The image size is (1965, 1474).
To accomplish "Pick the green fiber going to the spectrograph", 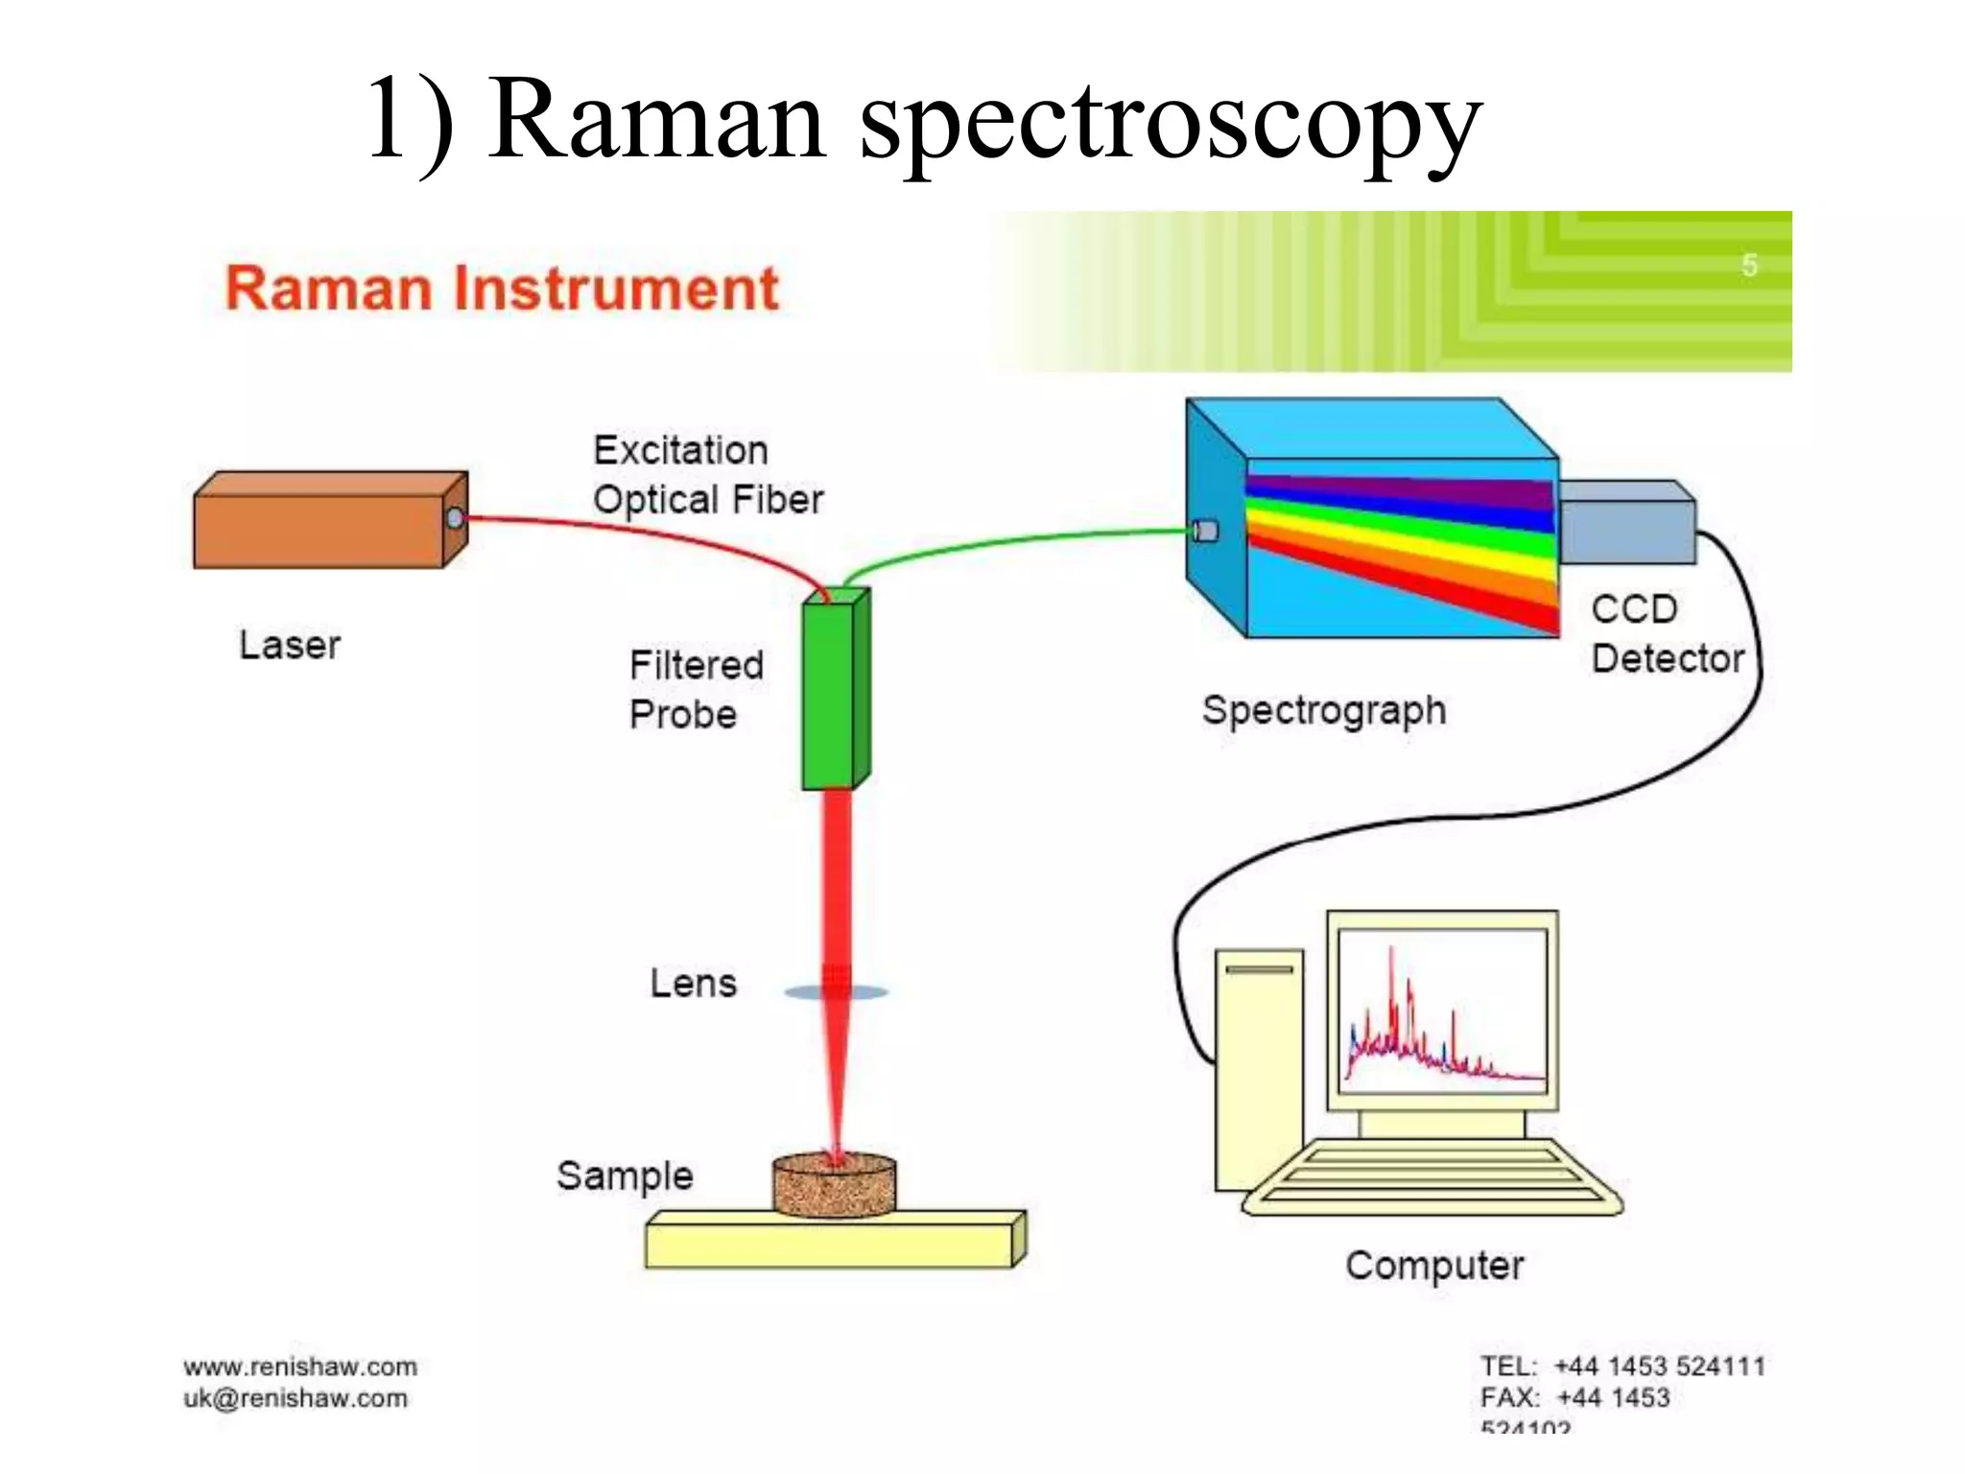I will coord(1007,541).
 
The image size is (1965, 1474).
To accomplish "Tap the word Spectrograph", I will coord(1323,711).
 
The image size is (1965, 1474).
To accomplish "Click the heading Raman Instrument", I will coord(501,289).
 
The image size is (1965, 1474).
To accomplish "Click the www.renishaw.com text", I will coord(300,1366).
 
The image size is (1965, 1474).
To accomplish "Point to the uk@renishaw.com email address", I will coord(295,1398).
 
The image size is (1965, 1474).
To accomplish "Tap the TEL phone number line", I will coord(1622,1366).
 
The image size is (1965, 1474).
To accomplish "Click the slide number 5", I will coord(1749,265).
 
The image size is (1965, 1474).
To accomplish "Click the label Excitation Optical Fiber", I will coord(707,475).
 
